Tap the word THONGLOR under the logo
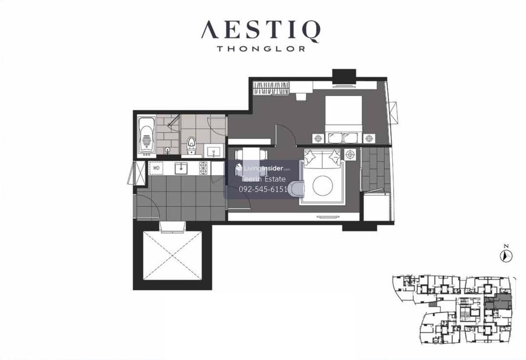[261, 49]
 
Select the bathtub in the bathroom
[146, 136]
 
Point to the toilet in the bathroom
[192, 145]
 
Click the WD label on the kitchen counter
[156, 168]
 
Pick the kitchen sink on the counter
[181, 168]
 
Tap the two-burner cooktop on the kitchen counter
[203, 168]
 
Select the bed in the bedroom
[343, 119]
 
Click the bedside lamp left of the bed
[318, 138]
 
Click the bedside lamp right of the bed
[369, 138]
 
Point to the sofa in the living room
[322, 159]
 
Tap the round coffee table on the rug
[323, 186]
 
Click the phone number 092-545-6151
[263, 189]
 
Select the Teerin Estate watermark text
[263, 179]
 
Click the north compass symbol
[506, 256]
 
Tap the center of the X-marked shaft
[172, 256]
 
